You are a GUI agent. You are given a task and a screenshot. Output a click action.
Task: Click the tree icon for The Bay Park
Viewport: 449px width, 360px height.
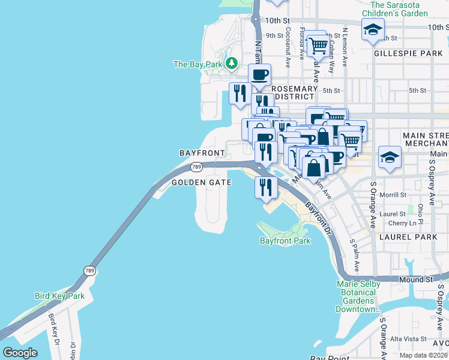232,64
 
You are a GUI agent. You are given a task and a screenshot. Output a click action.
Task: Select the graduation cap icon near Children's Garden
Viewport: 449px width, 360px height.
373,29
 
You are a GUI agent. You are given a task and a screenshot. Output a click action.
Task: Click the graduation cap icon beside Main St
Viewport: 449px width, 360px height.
390,158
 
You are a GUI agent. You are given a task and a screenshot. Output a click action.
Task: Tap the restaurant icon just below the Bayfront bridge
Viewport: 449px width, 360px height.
265,188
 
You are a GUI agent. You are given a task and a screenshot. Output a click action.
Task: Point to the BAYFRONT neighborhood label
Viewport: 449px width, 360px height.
202,154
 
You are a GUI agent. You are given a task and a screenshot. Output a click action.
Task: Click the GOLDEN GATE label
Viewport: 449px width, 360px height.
202,182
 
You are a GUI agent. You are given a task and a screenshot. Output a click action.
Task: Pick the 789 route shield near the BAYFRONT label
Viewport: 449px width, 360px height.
196,167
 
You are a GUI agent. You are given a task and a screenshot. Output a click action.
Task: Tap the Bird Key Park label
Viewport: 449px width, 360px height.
59,296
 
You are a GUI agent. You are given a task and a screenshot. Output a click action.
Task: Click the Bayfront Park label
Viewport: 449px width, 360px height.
285,241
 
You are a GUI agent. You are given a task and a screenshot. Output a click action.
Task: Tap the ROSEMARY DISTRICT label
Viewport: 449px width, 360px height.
294,92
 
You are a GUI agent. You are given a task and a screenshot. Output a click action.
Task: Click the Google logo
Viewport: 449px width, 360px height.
20,353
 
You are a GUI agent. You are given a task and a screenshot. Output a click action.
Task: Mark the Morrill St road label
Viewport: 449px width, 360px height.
393,195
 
